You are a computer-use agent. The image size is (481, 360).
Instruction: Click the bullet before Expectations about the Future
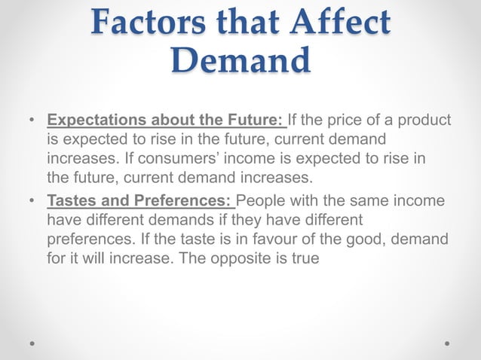31,121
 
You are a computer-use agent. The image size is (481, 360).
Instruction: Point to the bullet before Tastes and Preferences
31,201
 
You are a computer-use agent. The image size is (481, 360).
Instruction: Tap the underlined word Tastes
70,201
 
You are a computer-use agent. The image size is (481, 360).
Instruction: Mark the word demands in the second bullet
168,221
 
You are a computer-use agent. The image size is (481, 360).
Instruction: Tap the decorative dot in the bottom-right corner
447,343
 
